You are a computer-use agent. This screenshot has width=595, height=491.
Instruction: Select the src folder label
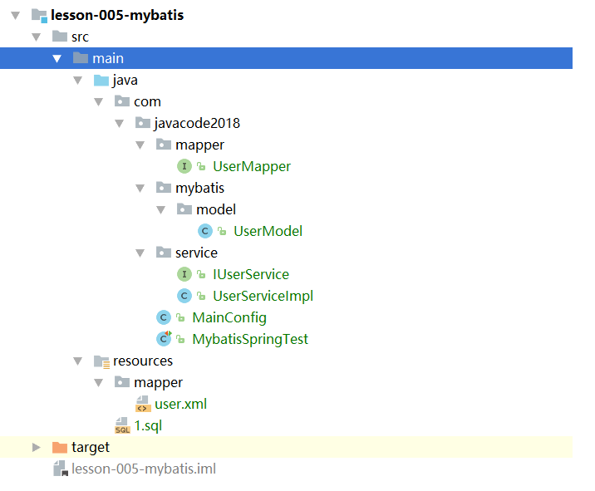80,37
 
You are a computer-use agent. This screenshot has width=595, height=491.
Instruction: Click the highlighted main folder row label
108,58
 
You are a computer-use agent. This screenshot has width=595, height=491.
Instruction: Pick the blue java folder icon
101,80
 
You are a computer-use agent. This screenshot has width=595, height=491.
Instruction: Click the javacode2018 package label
197,123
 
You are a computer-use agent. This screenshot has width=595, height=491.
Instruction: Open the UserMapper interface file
252,166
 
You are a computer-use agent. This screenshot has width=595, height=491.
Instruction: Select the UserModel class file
268,231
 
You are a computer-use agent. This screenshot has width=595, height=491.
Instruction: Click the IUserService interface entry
251,274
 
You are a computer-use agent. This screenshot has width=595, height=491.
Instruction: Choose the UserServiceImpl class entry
263,296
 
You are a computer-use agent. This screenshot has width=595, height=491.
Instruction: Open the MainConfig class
229,317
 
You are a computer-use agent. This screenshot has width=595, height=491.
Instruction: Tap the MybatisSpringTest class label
250,339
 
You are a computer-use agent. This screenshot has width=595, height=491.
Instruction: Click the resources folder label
143,361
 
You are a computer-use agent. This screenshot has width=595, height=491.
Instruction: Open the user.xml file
180,404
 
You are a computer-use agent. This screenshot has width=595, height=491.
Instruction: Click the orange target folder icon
60,447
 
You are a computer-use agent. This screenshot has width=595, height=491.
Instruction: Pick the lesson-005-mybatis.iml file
144,469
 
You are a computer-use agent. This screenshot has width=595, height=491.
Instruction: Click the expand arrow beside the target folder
36,447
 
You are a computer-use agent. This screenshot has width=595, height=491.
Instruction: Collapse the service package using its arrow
140,253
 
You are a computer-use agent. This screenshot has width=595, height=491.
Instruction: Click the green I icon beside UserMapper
184,166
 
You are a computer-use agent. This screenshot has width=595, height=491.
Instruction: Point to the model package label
216,209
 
